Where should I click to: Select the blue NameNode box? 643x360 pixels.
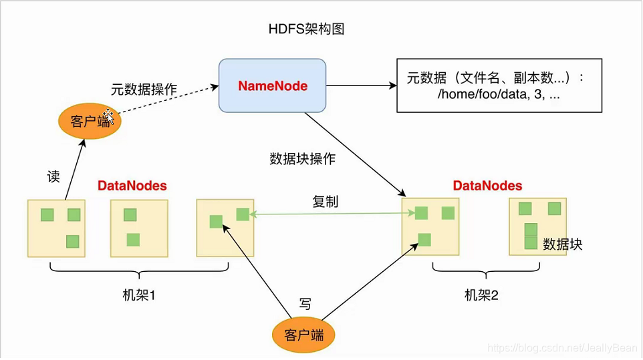pyautogui.click(x=272, y=85)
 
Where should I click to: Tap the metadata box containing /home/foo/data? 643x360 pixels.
pyautogui.click(x=499, y=87)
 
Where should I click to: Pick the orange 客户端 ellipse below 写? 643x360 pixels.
pyautogui.click(x=303, y=335)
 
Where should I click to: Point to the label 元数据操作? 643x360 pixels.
pyautogui.click(x=144, y=88)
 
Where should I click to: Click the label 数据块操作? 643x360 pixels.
pyautogui.click(x=302, y=159)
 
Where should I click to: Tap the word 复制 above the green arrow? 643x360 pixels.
pyautogui.click(x=326, y=201)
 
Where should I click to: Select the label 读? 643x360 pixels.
pyautogui.click(x=53, y=176)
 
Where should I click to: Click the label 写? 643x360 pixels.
pyautogui.click(x=305, y=305)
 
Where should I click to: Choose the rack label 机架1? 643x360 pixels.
pyautogui.click(x=140, y=295)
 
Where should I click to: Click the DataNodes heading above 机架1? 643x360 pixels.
pyautogui.click(x=132, y=186)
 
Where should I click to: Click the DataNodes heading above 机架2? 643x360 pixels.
pyautogui.click(x=487, y=186)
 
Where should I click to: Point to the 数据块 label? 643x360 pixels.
pyautogui.click(x=563, y=244)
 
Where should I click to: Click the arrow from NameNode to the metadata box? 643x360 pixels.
pyautogui.click(x=361, y=85)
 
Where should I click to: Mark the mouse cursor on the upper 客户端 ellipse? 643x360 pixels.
pyautogui.click(x=109, y=118)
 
